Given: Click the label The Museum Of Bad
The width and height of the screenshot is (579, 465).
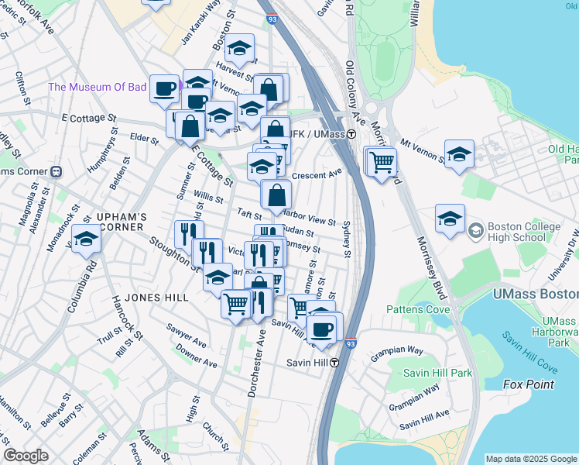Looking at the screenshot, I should point(97,87).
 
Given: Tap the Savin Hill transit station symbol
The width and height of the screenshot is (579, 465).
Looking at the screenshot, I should point(334,363).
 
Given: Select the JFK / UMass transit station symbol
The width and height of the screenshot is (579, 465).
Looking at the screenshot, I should point(351,134).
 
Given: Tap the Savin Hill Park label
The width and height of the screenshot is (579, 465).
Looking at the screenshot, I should point(437,373).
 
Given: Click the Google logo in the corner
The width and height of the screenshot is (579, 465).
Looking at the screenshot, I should point(26,456).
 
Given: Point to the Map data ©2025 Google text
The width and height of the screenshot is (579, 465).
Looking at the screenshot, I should point(530,459).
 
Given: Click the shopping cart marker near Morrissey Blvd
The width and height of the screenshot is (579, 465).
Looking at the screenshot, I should point(381,163).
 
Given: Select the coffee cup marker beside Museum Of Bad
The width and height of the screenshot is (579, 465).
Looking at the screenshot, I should point(164,88).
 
